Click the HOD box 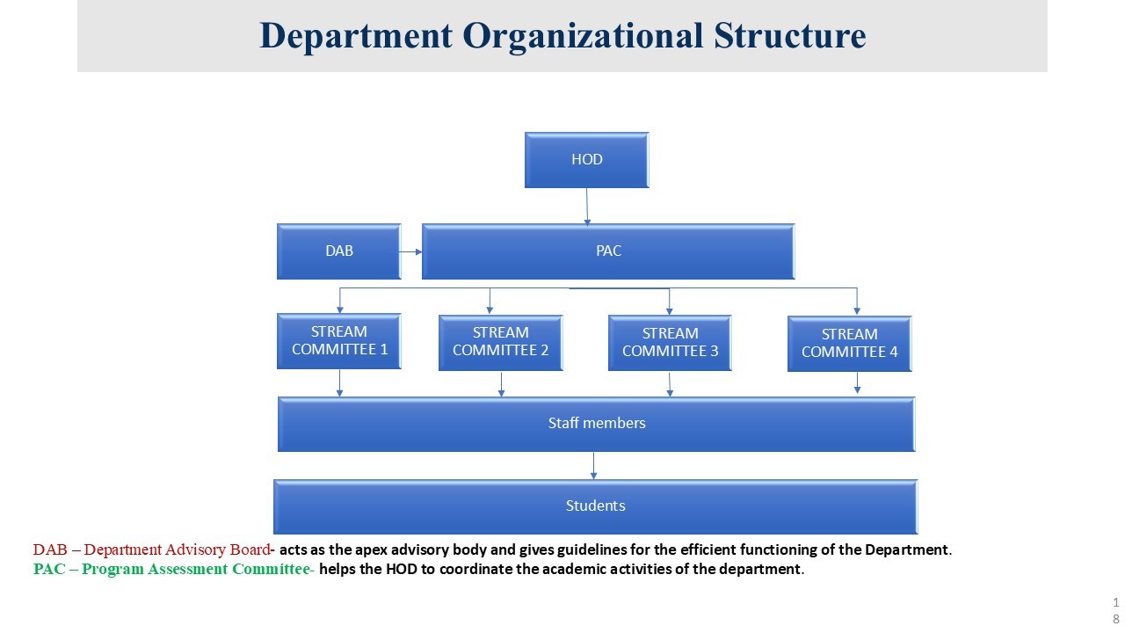(x=586, y=160)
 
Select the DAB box (x=339, y=251)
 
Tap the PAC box (x=608, y=251)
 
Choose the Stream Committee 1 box (x=339, y=341)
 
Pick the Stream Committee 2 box (x=501, y=342)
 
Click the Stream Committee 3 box (x=670, y=343)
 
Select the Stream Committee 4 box (x=849, y=344)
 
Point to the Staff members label (x=597, y=423)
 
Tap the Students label (x=595, y=506)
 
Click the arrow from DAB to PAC (x=411, y=252)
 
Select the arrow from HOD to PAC (x=587, y=206)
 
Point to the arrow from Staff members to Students (x=594, y=465)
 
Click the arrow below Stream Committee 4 (x=858, y=382)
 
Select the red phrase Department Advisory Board (x=177, y=550)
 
